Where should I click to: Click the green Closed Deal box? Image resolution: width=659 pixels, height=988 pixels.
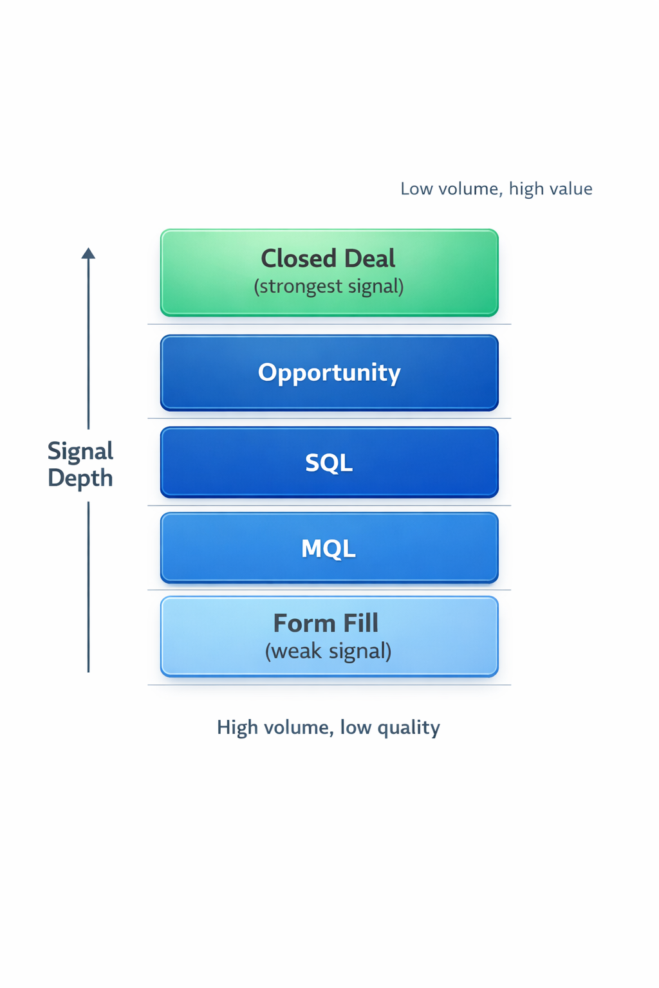click(x=329, y=273)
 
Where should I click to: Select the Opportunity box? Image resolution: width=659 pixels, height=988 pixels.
click(x=329, y=372)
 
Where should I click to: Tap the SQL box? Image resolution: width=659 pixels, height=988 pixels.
click(x=329, y=462)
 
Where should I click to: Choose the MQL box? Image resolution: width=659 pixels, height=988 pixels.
click(x=329, y=548)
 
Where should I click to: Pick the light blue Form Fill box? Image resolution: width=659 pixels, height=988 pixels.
click(x=329, y=636)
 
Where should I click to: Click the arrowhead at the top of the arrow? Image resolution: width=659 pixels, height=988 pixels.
click(x=88, y=253)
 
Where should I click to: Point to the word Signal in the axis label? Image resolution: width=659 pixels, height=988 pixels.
click(x=80, y=451)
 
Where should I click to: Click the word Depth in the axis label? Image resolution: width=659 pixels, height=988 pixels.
click(x=80, y=478)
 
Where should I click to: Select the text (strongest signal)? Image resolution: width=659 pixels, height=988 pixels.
click(x=329, y=286)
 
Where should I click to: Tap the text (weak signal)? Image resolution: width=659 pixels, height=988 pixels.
click(x=328, y=651)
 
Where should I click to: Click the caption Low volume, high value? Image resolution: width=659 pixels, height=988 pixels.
click(x=496, y=188)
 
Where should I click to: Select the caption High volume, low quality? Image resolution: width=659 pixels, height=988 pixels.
click(x=328, y=727)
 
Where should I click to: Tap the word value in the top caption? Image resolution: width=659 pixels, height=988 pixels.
click(x=570, y=188)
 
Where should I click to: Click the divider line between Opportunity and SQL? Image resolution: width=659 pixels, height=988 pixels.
click(x=329, y=419)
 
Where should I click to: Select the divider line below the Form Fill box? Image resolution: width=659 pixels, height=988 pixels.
click(x=329, y=685)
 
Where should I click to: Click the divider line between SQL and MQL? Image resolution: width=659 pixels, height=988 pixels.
click(x=329, y=506)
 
